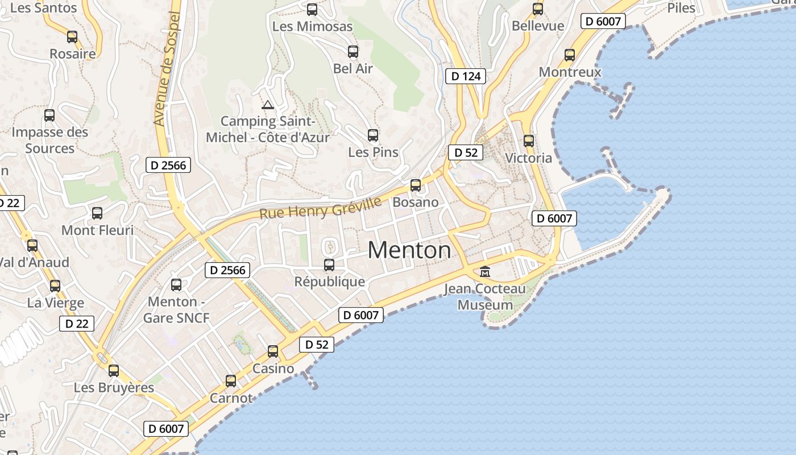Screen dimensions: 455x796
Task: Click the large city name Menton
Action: point(409,250)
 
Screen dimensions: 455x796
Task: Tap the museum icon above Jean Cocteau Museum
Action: point(485,271)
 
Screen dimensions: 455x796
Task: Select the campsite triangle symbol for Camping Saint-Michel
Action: point(267,105)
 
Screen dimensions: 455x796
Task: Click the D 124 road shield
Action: point(466,76)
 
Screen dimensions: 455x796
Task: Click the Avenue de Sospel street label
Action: point(167,68)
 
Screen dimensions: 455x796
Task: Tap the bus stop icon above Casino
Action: point(273,351)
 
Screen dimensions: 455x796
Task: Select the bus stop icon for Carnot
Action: point(231,380)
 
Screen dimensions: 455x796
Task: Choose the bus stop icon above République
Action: point(329,264)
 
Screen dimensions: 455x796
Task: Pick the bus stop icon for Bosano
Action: point(416,185)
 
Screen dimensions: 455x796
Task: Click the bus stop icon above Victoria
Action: point(529,140)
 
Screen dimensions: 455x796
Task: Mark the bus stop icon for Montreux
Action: point(570,55)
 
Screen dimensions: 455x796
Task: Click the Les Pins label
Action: point(373,152)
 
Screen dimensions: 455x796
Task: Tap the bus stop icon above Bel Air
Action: point(353,52)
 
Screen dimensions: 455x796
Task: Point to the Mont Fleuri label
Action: point(97,230)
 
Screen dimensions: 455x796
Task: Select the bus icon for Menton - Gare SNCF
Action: point(176,284)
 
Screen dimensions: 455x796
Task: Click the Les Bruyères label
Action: point(114,388)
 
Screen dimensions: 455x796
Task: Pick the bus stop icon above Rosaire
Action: point(72,37)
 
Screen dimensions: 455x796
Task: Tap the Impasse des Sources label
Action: point(50,140)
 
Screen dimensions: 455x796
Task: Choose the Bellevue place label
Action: point(538,26)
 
